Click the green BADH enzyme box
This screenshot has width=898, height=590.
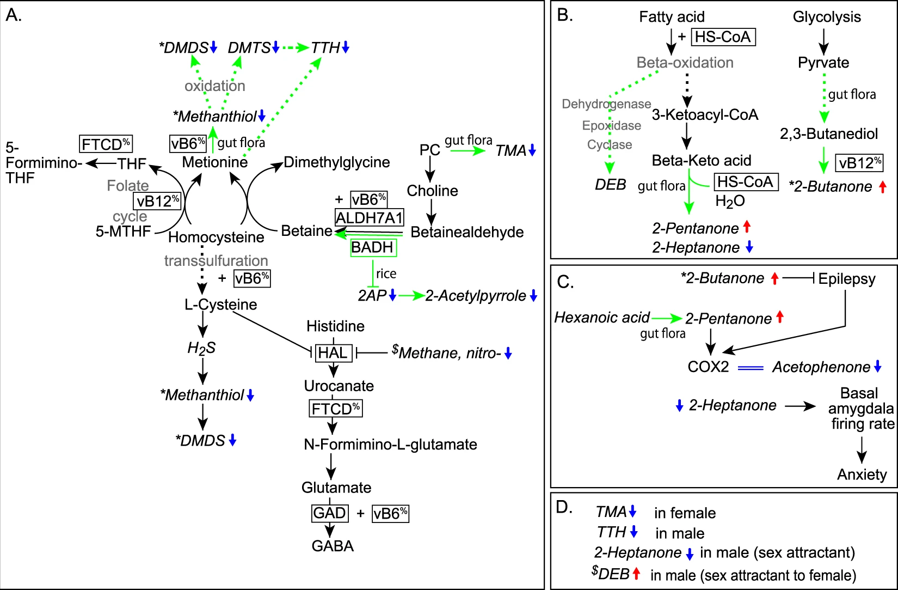point(373,247)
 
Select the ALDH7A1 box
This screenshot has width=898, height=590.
point(369,217)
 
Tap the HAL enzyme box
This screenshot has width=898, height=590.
point(334,353)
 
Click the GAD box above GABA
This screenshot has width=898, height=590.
point(330,513)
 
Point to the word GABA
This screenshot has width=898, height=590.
point(333,546)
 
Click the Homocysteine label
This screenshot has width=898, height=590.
point(216,237)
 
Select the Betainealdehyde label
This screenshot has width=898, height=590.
point(467,232)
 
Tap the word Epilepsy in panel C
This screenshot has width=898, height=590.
point(847,278)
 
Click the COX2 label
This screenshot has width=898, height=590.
point(708,367)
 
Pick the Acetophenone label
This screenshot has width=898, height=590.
point(821,367)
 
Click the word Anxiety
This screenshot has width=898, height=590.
point(862,475)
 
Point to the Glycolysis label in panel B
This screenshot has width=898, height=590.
point(827,17)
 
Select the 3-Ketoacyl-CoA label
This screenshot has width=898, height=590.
point(705,115)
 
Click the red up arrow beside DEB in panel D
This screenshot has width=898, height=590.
point(636,574)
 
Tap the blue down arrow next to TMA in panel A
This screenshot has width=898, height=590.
point(532,150)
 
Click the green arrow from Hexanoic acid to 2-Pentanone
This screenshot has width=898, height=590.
point(667,319)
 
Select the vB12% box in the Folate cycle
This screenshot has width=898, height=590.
point(157,201)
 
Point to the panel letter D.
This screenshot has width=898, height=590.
point(564,508)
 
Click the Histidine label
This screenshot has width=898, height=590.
point(336,326)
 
